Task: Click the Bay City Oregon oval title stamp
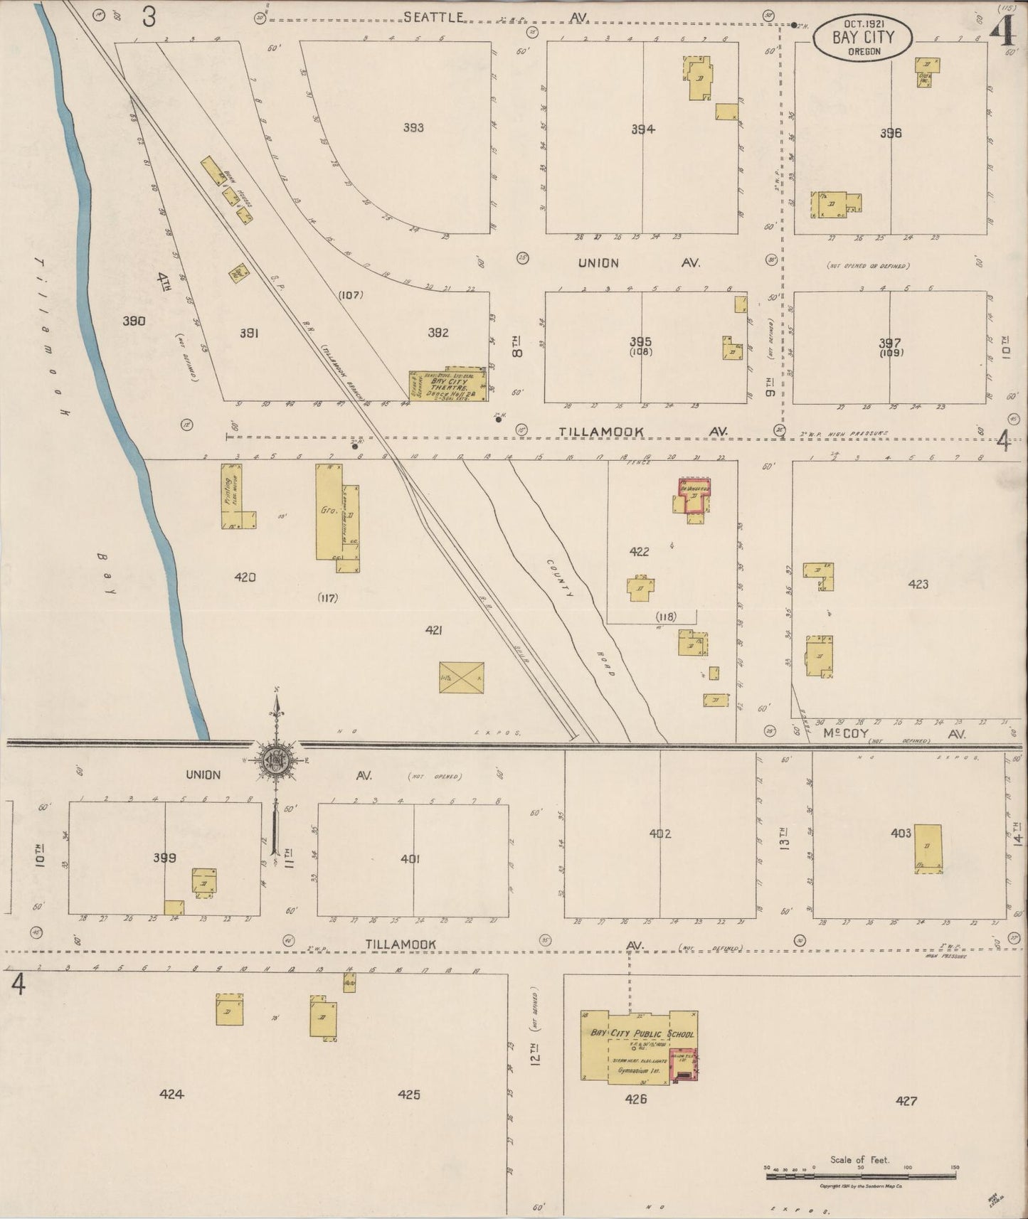pyautogui.click(x=863, y=39)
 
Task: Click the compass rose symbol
pyautogui.click(x=276, y=757)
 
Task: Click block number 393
pyautogui.click(x=413, y=128)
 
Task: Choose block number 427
pyautogui.click(x=906, y=1100)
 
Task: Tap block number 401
pyautogui.click(x=410, y=858)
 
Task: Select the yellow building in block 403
pyautogui.click(x=927, y=848)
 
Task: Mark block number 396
pyautogui.click(x=890, y=133)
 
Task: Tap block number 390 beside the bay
pyautogui.click(x=134, y=321)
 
